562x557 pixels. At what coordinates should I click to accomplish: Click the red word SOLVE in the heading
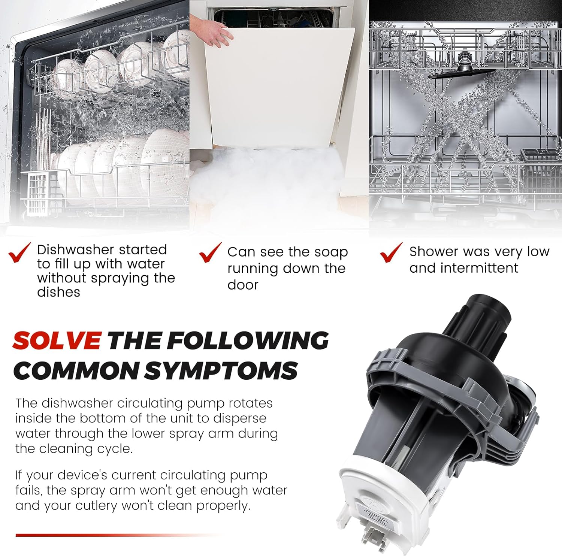(x=57, y=340)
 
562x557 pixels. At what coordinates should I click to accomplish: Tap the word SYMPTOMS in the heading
(x=221, y=371)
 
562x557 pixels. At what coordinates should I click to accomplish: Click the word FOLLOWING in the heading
(x=248, y=340)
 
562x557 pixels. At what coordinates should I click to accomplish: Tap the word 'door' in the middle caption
(x=243, y=285)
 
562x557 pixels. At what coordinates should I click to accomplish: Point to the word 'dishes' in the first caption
(x=58, y=292)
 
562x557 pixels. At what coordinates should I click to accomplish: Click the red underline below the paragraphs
(x=120, y=535)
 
